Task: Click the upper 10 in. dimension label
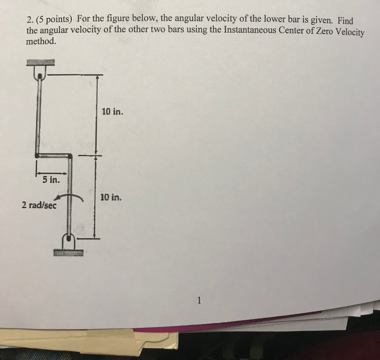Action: [112, 112]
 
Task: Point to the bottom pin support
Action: [69, 241]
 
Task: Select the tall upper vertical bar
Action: [38, 115]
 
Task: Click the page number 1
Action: [199, 301]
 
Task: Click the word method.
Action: [41, 41]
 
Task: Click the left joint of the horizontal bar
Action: [37, 155]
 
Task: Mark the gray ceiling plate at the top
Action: [40, 62]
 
